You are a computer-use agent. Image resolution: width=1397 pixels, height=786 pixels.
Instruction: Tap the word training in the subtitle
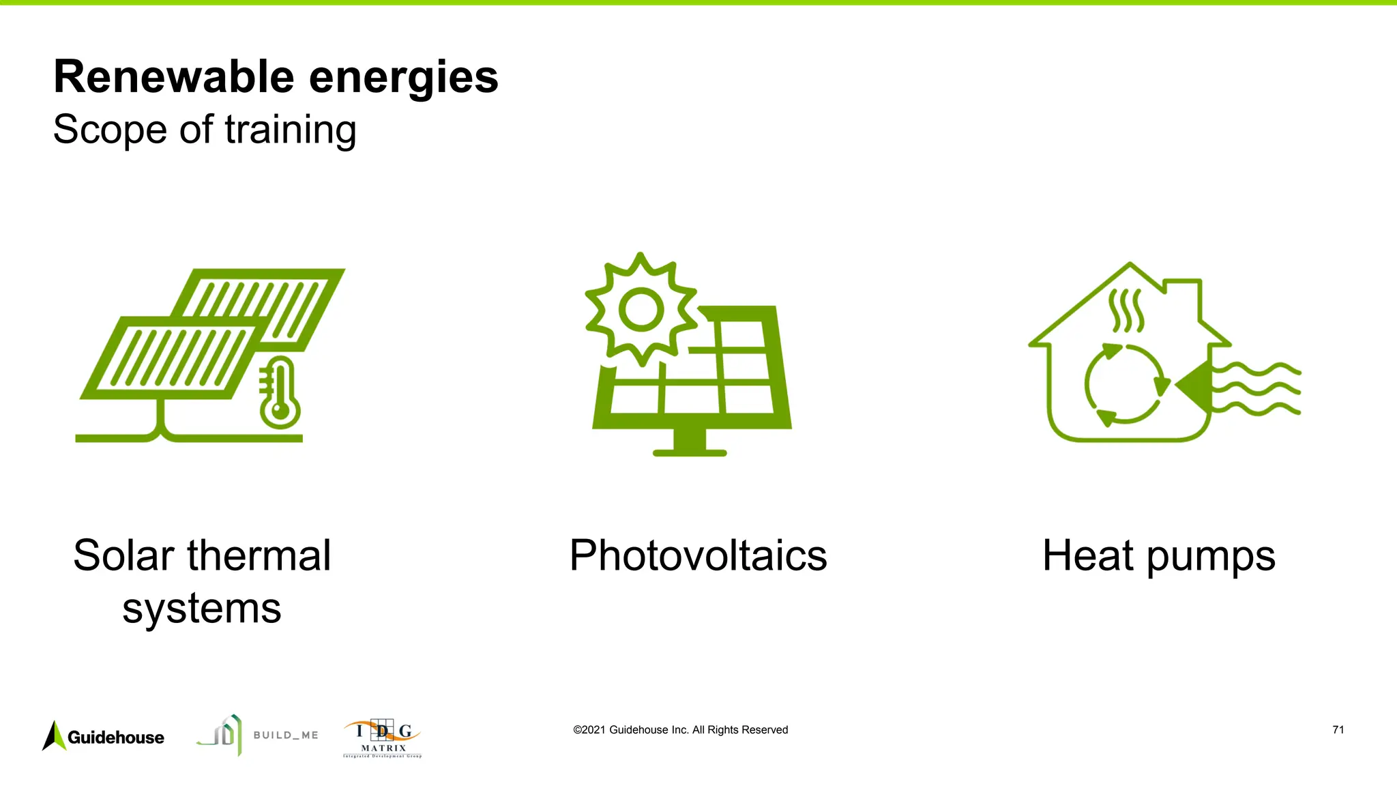click(x=291, y=130)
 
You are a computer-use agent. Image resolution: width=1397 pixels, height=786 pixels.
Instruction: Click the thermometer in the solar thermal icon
click(x=279, y=394)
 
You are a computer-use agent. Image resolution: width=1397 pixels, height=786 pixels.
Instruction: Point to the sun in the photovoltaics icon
click(x=641, y=309)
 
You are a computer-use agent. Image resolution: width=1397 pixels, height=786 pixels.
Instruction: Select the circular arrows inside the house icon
click(x=1126, y=385)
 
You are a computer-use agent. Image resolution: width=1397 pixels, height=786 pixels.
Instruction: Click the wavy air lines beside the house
click(x=1259, y=390)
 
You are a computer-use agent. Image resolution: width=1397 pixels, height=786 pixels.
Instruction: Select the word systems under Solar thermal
click(x=202, y=608)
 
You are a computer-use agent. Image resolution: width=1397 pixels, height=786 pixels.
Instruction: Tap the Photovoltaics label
click(x=698, y=555)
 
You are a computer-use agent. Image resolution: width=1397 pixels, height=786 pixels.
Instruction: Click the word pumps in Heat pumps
click(x=1210, y=557)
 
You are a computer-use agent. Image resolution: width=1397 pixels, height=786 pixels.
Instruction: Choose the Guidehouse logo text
click(x=116, y=738)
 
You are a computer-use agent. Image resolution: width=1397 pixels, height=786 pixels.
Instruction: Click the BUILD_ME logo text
click(x=286, y=736)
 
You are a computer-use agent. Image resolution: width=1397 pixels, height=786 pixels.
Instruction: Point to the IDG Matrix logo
click(x=383, y=738)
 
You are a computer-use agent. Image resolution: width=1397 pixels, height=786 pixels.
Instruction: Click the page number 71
click(x=1338, y=730)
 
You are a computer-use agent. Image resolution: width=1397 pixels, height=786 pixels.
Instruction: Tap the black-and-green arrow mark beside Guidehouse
click(x=54, y=736)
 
